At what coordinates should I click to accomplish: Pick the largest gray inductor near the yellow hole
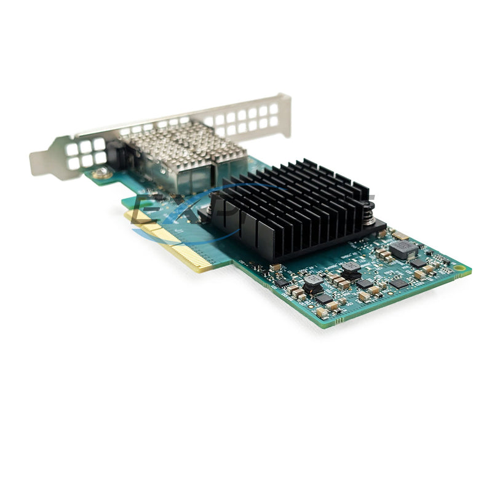(x=403, y=249)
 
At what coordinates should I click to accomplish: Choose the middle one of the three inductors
(x=351, y=268)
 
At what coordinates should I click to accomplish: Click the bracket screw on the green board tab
(x=101, y=175)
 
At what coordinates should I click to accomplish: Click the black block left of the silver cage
(x=115, y=154)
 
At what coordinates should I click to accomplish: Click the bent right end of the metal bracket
(x=284, y=114)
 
